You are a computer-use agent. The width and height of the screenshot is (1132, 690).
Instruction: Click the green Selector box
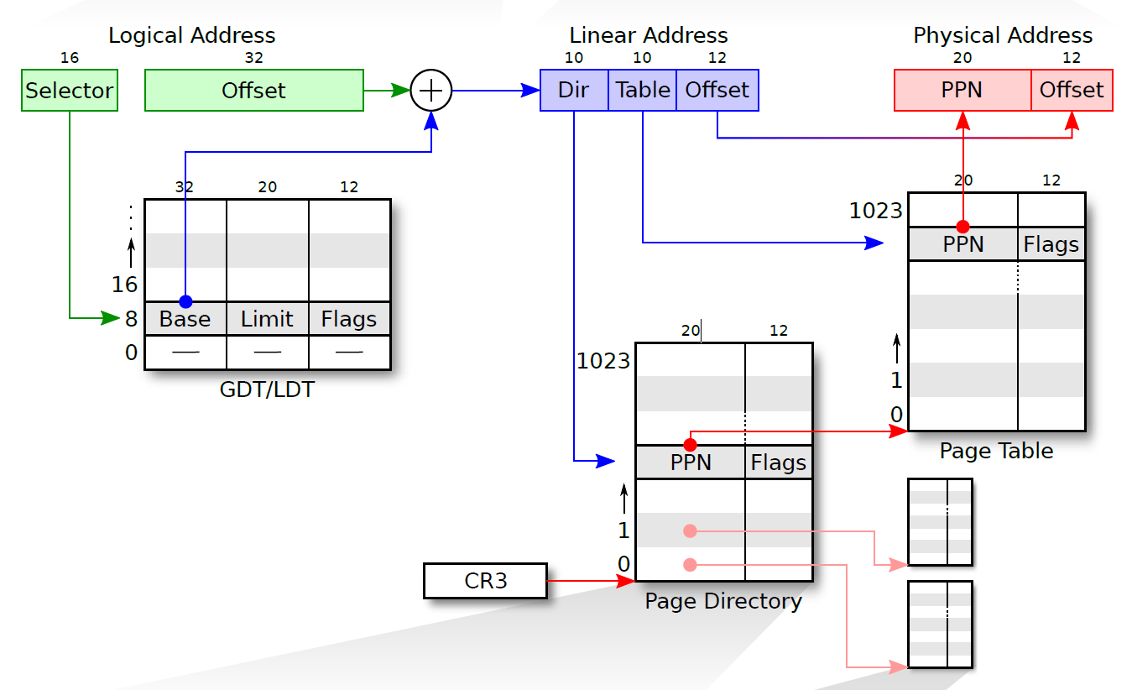(x=70, y=91)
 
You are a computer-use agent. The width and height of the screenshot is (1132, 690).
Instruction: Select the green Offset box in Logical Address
(x=253, y=91)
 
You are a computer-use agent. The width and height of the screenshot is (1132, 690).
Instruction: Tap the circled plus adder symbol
(x=431, y=91)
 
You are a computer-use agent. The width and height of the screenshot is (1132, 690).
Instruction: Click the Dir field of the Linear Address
(x=574, y=91)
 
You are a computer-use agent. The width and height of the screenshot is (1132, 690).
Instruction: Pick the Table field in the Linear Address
(x=642, y=91)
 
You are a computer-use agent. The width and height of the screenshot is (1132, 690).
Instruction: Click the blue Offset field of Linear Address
(x=717, y=91)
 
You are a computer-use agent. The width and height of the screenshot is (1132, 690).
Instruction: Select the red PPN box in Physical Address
(x=962, y=91)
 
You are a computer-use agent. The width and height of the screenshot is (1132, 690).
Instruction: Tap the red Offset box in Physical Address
(x=1072, y=91)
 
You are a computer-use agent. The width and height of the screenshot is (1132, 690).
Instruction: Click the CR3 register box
(x=485, y=581)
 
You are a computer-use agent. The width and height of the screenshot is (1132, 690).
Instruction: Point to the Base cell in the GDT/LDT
(x=185, y=319)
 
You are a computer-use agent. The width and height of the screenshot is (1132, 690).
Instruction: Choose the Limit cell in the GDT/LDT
(x=267, y=319)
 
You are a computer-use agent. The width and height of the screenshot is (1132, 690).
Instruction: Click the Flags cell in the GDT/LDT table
(x=349, y=319)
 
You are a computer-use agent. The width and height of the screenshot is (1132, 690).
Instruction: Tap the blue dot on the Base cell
(x=185, y=301)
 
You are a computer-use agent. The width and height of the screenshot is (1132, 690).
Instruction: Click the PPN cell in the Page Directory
(x=690, y=463)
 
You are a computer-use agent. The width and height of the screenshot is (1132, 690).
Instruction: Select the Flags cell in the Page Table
(x=1051, y=244)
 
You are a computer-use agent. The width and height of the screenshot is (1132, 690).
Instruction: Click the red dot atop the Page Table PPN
(x=962, y=227)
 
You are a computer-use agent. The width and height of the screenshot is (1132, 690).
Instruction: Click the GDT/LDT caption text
(x=267, y=390)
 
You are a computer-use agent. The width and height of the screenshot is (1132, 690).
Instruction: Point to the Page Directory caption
(x=723, y=602)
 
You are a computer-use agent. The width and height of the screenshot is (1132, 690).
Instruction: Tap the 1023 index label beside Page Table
(x=875, y=211)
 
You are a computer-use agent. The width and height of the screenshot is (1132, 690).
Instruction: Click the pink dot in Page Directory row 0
(x=690, y=565)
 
